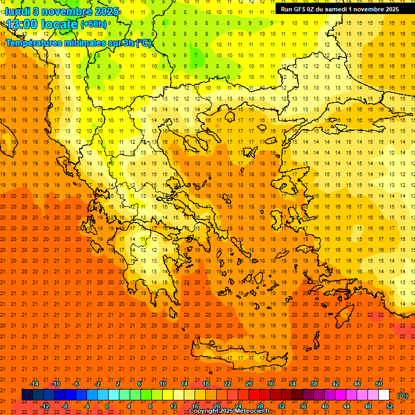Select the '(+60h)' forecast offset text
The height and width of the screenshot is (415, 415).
point(93,24)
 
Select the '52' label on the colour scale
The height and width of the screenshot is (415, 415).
point(389,406)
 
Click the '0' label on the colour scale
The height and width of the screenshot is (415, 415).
point(106,406)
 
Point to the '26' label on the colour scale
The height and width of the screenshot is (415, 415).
point(249,384)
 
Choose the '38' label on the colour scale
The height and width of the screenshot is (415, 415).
point(314,384)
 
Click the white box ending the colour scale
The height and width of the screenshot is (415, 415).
point(384,395)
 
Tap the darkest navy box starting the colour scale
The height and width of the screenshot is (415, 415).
point(27,395)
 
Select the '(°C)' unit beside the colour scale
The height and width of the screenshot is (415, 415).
point(403,396)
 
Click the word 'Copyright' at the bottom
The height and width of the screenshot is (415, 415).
point(205,411)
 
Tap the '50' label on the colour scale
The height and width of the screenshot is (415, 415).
point(379,384)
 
